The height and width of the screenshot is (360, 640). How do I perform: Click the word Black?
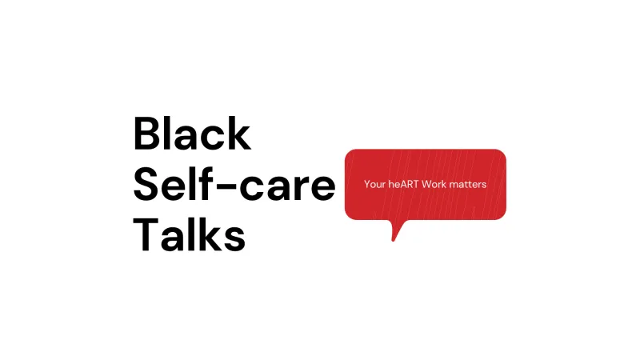click(x=192, y=134)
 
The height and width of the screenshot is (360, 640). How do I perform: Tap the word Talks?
click(x=189, y=234)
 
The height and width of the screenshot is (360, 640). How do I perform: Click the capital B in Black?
click(x=146, y=134)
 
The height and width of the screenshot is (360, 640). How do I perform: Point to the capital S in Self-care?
click(x=146, y=184)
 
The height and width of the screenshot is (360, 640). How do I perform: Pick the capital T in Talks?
click(x=146, y=234)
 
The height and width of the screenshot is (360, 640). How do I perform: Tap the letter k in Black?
click(x=239, y=134)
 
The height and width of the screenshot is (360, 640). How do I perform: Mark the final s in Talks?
click(x=234, y=238)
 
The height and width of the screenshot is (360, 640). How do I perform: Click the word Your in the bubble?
click(x=374, y=185)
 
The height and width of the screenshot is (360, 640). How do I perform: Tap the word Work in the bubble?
click(x=434, y=185)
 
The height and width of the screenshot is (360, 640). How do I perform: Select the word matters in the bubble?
click(x=467, y=185)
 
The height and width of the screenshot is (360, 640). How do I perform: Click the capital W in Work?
click(x=426, y=185)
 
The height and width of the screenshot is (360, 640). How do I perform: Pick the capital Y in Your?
click(x=367, y=185)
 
